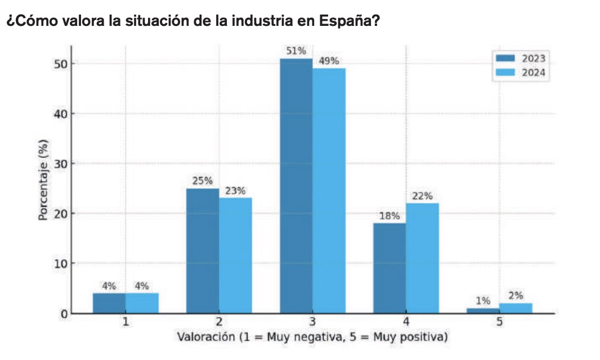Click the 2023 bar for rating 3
click(296, 186)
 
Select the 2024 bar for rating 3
click(329, 191)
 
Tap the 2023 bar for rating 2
click(203, 251)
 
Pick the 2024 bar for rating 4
click(422, 258)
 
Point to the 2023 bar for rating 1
click(109, 303)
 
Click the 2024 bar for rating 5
click(516, 308)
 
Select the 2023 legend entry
click(520, 58)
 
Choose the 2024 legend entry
click(520, 72)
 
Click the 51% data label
click(296, 51)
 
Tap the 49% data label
click(329, 61)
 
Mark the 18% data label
click(389, 216)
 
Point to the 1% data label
click(483, 301)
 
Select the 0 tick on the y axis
click(64, 314)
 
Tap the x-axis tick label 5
click(499, 322)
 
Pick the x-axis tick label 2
click(219, 322)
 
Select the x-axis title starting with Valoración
click(312, 337)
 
